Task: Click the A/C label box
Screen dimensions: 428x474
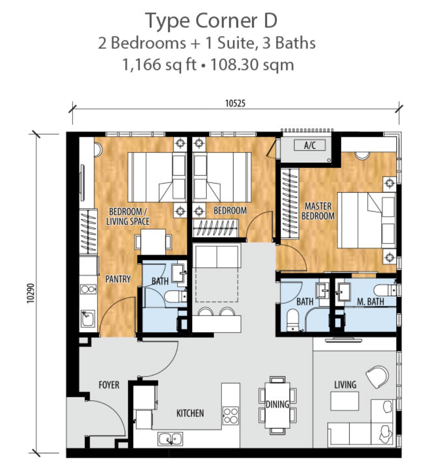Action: pyautogui.click(x=310, y=145)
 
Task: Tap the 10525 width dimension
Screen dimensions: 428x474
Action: pyautogui.click(x=235, y=104)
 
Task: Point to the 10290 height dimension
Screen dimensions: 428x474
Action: pyautogui.click(x=31, y=293)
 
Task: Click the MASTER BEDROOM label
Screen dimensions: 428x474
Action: pyautogui.click(x=318, y=211)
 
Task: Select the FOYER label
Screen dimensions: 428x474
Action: pyautogui.click(x=109, y=385)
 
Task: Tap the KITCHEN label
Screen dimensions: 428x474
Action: pyautogui.click(x=190, y=413)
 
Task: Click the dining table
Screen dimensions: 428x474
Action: pyautogui.click(x=277, y=405)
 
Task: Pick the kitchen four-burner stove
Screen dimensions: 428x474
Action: pyautogui.click(x=231, y=416)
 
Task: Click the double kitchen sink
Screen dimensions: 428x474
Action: pyautogui.click(x=170, y=439)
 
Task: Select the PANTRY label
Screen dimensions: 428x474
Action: pyautogui.click(x=118, y=279)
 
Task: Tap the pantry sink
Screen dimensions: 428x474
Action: pyautogui.click(x=88, y=319)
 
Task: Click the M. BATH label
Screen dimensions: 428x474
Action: pyautogui.click(x=370, y=301)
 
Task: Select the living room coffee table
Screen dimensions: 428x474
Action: pyautogui.click(x=345, y=401)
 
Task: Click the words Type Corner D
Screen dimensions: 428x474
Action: pyautogui.click(x=211, y=21)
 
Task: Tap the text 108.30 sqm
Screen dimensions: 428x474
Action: pyautogui.click(x=252, y=65)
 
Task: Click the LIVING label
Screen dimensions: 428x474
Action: pyautogui.click(x=345, y=385)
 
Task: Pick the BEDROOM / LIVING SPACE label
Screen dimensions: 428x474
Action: pyautogui.click(x=128, y=216)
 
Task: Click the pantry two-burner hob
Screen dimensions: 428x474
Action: pyautogui.click(x=88, y=289)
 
